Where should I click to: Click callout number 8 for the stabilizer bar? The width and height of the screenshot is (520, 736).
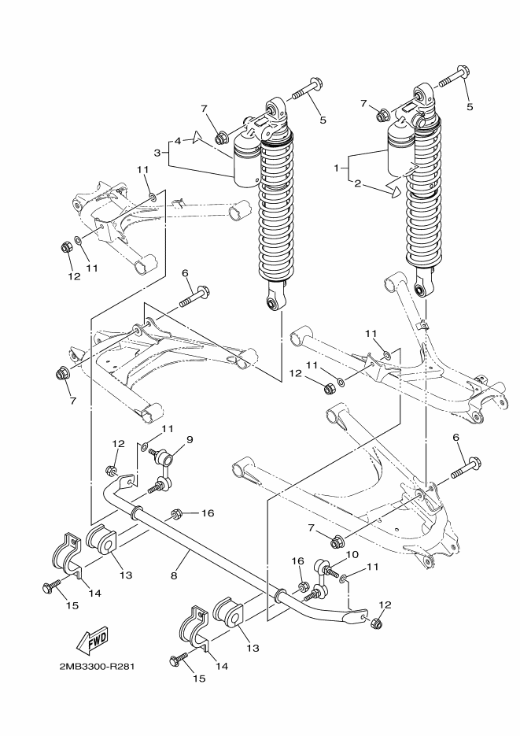[x=174, y=575]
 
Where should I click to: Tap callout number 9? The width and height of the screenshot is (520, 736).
[x=167, y=439]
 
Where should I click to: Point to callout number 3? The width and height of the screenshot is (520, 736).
[x=157, y=152]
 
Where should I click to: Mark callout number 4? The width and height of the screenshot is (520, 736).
[x=178, y=141]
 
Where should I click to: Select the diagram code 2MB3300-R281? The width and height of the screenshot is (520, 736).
[x=97, y=667]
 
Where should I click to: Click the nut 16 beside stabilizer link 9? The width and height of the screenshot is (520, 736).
[x=178, y=514]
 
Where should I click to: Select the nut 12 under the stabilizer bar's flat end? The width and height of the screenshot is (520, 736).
[x=375, y=623]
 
